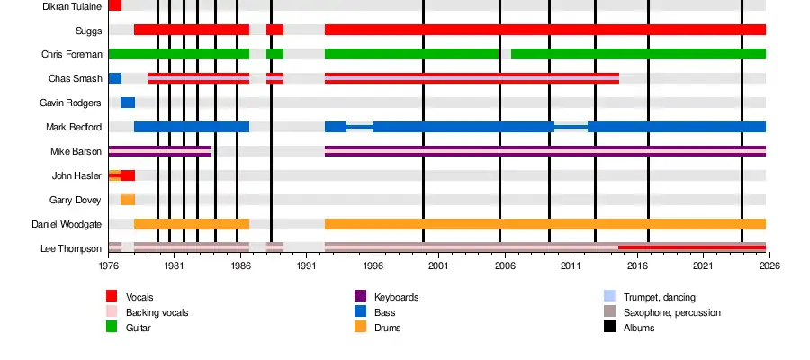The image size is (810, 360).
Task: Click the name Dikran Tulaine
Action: pos(72,6)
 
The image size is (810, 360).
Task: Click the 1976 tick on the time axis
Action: pos(108,266)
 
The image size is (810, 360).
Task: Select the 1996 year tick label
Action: pos(373,266)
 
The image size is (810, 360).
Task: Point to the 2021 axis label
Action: pos(703,266)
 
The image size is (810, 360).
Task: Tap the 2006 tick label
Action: pos(505,266)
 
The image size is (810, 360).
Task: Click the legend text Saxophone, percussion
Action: pos(671,312)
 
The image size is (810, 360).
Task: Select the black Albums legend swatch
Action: pos(609,328)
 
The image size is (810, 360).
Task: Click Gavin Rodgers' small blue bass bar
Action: pos(128,103)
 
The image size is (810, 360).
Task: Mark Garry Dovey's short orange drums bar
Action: pos(128,200)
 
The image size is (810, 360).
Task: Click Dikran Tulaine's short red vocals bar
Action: pos(115,5)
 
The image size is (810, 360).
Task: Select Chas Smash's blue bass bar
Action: pos(115,78)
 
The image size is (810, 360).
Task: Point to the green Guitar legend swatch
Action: pos(112,328)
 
